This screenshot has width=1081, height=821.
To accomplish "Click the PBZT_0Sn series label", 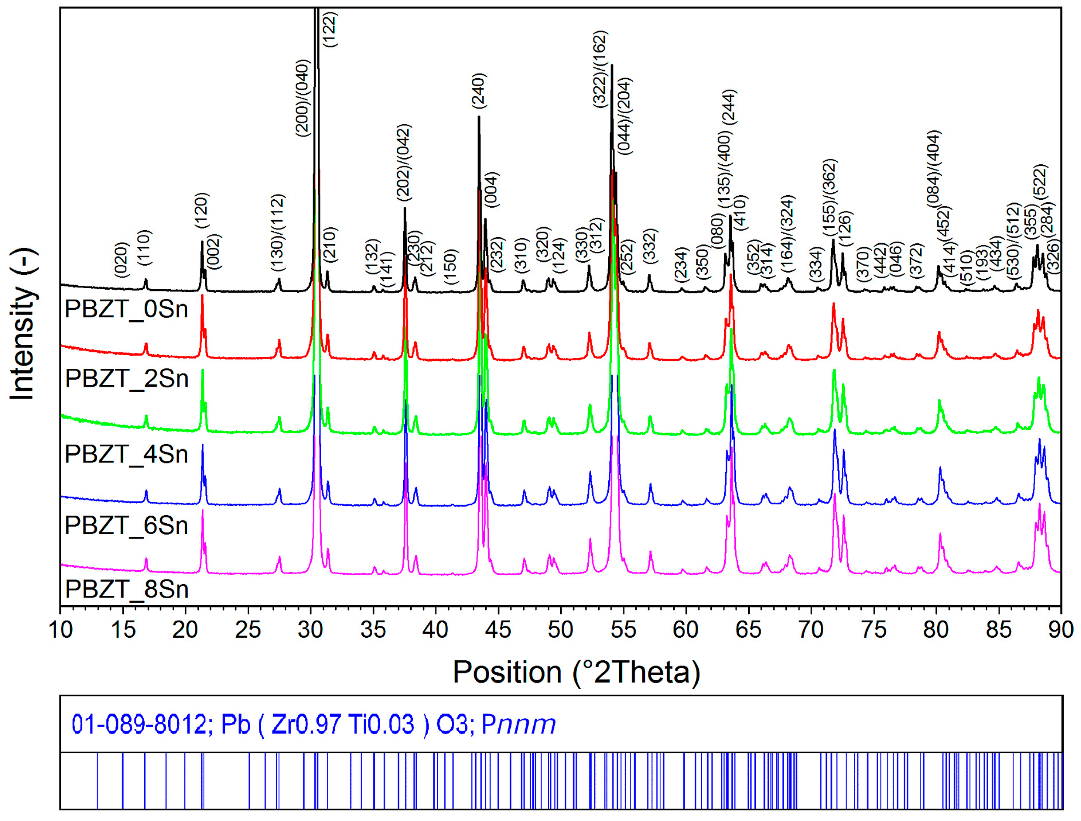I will tap(126, 309).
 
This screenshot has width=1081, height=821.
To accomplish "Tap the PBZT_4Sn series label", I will tap(126, 455).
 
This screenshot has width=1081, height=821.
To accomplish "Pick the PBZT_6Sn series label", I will tap(126, 526).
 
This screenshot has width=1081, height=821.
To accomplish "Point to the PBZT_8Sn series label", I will tap(126, 589).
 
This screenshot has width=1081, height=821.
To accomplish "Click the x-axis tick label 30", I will tap(310, 630).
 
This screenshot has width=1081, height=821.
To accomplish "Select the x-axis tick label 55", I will tap(623, 630).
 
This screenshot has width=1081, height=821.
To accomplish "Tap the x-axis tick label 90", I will tap(1060, 630).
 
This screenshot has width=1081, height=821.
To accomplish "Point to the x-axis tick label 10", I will tap(61, 630).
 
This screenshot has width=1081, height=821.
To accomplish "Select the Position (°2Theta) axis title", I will tap(577, 673).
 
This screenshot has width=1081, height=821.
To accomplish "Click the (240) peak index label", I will tap(479, 91).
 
